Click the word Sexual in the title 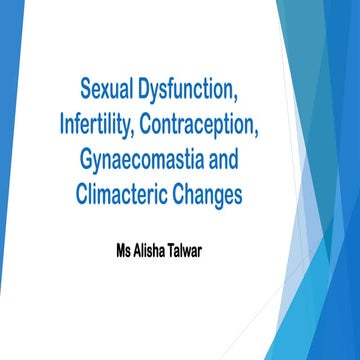(x=110, y=96)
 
